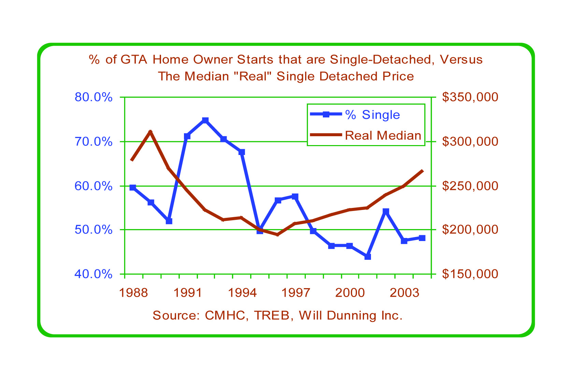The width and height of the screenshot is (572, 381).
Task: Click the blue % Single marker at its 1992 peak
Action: tap(205, 120)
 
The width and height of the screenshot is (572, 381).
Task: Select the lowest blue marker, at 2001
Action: tap(368, 257)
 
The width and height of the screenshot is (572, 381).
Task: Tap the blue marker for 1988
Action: tap(133, 187)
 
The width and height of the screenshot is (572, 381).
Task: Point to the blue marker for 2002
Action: tap(386, 211)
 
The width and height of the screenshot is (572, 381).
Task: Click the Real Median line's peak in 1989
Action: tap(151, 131)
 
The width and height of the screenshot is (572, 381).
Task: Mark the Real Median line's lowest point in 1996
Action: tap(277, 235)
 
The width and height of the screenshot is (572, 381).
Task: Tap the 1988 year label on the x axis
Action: tap(133, 293)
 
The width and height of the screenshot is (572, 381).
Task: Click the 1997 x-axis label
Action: tap(295, 293)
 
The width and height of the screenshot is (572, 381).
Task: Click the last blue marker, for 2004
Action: tap(422, 238)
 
